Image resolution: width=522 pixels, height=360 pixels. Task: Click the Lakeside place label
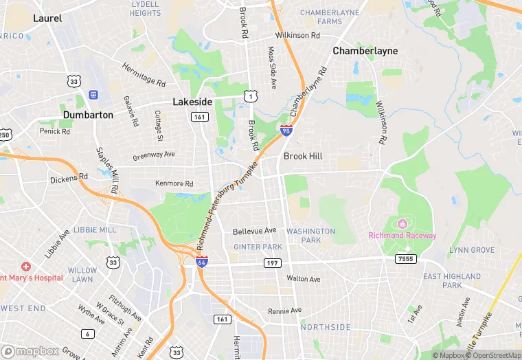tap(192, 102)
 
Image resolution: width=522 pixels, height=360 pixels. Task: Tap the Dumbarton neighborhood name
tap(88, 115)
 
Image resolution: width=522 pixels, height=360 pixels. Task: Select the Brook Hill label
tap(303, 156)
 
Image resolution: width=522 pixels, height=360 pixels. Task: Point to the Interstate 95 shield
tap(286, 129)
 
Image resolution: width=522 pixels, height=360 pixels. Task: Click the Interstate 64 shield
tap(201, 262)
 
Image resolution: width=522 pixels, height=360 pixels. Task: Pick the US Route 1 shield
tap(251, 96)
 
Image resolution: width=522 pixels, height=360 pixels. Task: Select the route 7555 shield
tap(405, 258)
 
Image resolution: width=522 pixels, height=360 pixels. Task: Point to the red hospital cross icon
tap(26, 266)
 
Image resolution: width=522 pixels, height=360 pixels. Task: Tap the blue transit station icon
tap(93, 94)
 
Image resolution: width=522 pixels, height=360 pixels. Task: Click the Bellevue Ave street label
tap(254, 231)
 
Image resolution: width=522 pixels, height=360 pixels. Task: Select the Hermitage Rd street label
tap(144, 74)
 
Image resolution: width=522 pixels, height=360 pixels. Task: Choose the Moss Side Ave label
tap(273, 67)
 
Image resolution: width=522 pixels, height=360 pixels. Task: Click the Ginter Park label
tap(258, 247)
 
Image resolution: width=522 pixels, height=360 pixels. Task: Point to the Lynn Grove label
tap(471, 251)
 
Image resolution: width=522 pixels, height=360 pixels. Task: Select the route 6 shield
tap(87, 334)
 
